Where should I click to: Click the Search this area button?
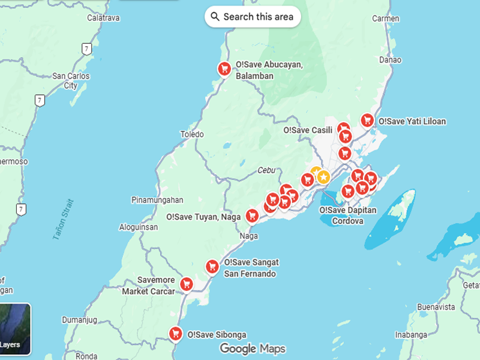coord(253,17)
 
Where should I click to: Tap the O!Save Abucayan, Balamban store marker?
coord(224,69)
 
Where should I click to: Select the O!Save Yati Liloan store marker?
coord(367,120)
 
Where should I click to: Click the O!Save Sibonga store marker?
coord(175,333)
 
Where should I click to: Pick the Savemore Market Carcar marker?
coord(187,283)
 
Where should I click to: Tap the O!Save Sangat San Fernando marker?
coord(212,266)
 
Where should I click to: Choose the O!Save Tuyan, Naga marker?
coord(252,215)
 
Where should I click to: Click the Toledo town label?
coord(192,134)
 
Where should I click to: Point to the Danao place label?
coord(390,60)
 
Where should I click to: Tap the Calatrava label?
coord(103,18)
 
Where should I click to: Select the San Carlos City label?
coord(71,81)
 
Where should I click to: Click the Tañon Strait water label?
coord(62,220)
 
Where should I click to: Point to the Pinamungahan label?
coord(157,200)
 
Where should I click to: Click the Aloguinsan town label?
coord(139,227)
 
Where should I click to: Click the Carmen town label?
coord(385,19)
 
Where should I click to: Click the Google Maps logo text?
coord(252,349)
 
